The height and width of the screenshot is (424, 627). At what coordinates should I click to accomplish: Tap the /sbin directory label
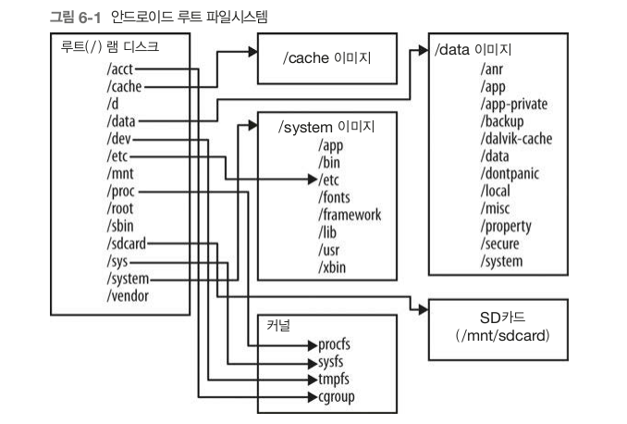[x=123, y=227]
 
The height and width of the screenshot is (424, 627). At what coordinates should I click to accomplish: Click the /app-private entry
[x=515, y=105]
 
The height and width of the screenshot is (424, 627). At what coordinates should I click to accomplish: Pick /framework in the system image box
[x=349, y=215]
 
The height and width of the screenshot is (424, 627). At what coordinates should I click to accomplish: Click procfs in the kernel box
[x=340, y=345]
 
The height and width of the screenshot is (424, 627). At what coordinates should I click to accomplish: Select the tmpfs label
[x=339, y=380]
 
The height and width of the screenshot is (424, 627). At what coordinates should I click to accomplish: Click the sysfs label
[x=338, y=363]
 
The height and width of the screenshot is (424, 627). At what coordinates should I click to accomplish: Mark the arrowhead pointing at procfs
[x=312, y=345]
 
